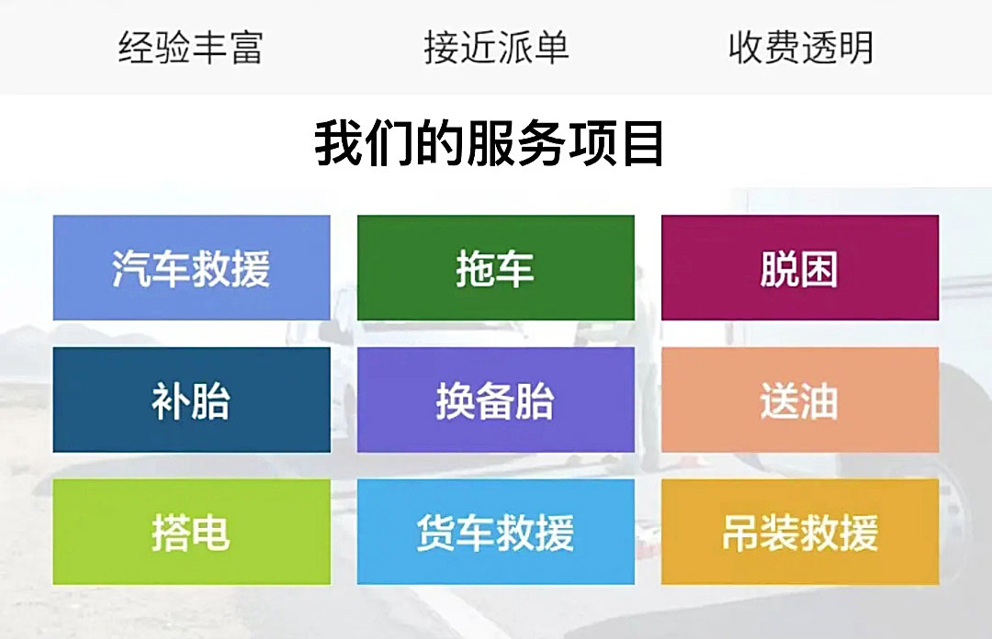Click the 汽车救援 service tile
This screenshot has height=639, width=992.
[191, 268]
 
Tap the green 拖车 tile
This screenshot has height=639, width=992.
[495, 268]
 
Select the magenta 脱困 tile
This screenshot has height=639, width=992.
[799, 268]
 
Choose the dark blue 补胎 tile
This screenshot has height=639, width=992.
[191, 400]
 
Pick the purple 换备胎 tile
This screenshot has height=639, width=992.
[495, 400]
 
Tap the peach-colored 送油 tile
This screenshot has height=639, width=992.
[799, 400]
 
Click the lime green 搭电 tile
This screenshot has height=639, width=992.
[191, 532]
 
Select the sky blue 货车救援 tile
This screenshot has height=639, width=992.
[495, 532]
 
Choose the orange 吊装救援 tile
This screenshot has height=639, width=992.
[799, 532]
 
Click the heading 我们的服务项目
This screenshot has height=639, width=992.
[490, 143]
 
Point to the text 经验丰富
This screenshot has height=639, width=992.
[190, 48]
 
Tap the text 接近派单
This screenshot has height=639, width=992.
[496, 48]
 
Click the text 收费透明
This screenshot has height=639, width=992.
[800, 48]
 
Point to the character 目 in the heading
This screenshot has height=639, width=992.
[642, 143]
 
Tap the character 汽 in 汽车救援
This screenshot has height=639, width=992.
[132, 269]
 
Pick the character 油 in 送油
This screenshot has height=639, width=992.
[819, 401]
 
